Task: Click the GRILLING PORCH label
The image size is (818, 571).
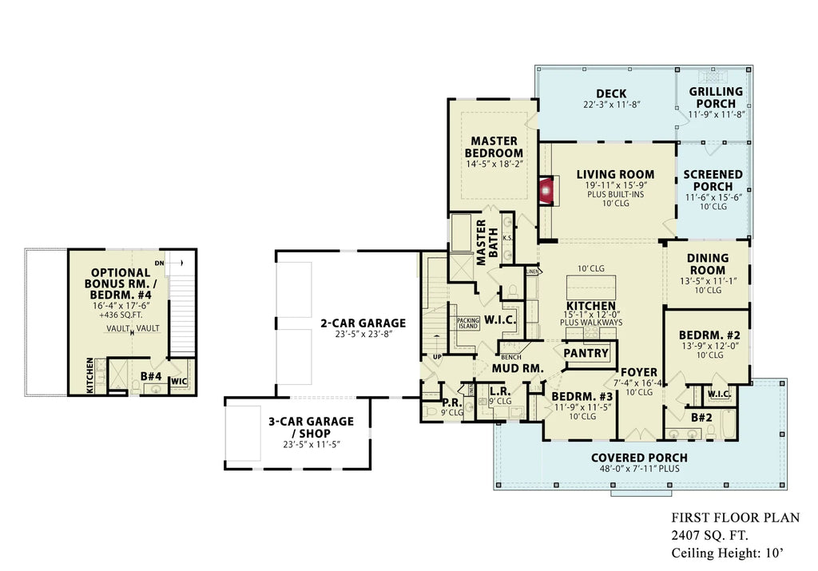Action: pyautogui.click(x=716, y=97)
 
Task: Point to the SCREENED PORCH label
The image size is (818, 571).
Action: pyautogui.click(x=713, y=180)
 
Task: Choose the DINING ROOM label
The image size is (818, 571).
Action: pyautogui.click(x=707, y=264)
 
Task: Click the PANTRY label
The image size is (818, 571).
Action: pyautogui.click(x=586, y=353)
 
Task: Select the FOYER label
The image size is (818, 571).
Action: pyautogui.click(x=639, y=372)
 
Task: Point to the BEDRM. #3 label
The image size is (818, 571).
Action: pyautogui.click(x=582, y=397)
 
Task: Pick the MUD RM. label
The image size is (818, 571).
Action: pyautogui.click(x=517, y=369)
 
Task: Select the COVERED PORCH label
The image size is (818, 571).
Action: pyautogui.click(x=639, y=458)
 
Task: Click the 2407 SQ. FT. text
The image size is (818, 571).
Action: pyautogui.click(x=709, y=535)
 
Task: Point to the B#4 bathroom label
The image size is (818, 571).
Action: pyautogui.click(x=152, y=375)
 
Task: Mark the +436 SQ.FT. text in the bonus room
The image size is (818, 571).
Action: pyautogui.click(x=120, y=315)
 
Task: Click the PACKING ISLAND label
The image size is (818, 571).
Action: pyautogui.click(x=467, y=323)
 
